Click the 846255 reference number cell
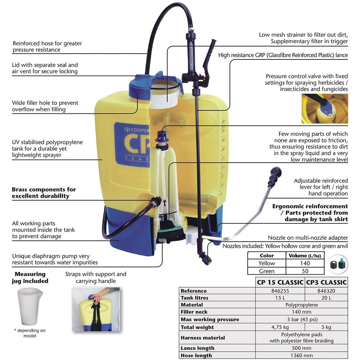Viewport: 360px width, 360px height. tap(279, 291)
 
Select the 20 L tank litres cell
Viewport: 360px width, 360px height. tap(326, 298)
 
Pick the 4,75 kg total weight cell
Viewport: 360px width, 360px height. tap(279, 327)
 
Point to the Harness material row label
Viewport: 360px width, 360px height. tap(203, 338)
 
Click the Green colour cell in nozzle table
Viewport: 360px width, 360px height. tap(267, 271)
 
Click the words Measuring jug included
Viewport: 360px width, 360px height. tap(31, 277)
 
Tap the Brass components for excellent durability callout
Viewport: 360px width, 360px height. tap(44, 193)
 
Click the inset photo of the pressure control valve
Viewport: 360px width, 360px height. tap(324, 109)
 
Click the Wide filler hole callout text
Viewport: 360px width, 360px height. tap(45, 106)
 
